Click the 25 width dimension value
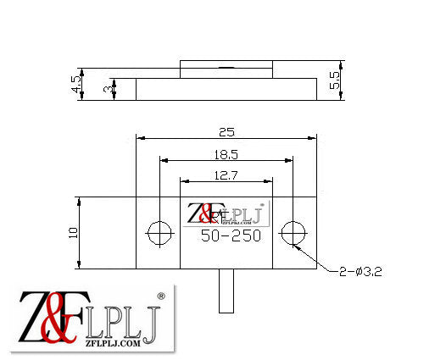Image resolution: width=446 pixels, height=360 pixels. (226, 131)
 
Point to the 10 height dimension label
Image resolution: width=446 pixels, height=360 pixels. (73, 232)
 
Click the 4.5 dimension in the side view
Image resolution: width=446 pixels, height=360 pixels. (75, 84)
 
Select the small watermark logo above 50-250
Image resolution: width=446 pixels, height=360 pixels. (226, 214)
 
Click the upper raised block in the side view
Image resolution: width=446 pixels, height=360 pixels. (226, 69)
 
